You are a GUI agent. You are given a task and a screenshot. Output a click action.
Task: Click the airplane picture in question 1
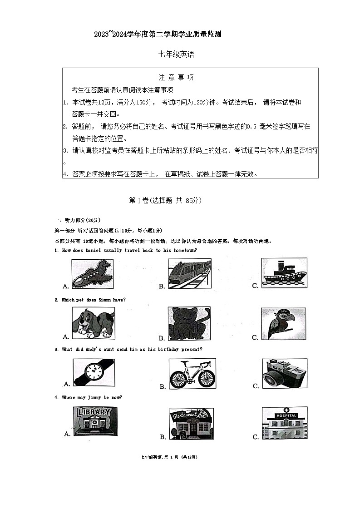92,274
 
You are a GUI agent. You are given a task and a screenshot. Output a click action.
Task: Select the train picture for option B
189,274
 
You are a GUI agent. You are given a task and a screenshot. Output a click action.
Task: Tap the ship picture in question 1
284,273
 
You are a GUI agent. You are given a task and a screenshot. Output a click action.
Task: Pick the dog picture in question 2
93,322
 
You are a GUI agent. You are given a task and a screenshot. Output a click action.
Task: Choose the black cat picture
189,324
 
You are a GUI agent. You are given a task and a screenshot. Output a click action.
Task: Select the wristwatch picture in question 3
94,372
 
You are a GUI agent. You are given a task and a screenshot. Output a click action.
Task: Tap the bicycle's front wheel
207,378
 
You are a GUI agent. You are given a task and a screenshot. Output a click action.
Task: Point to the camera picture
285,374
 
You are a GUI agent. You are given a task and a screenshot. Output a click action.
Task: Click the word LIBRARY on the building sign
94,412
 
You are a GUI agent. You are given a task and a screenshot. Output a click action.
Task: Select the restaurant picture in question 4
191,424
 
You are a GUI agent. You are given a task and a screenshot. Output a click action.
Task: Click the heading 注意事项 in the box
176,78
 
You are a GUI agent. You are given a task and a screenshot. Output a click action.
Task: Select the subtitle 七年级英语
176,54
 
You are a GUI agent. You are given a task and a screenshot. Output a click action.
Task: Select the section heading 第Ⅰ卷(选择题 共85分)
165,200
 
